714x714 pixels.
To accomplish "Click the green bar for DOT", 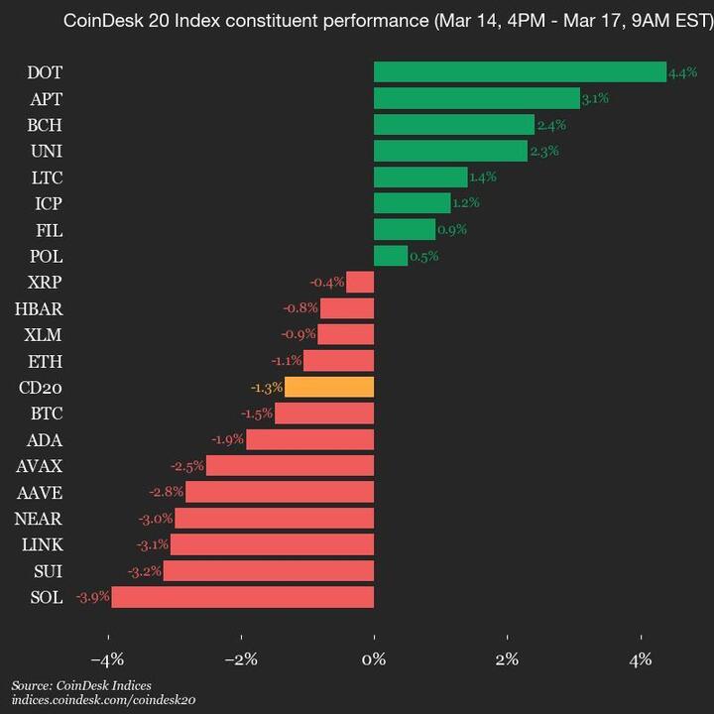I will click(520, 72).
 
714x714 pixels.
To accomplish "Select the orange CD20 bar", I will click(329, 387).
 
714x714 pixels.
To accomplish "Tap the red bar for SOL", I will click(243, 597).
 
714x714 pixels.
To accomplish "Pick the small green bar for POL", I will click(391, 256).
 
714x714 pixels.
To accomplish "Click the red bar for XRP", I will click(360, 283).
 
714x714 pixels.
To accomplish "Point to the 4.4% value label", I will click(683, 73).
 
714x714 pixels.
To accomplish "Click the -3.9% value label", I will click(93, 597).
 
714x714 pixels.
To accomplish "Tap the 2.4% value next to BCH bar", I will click(548, 125).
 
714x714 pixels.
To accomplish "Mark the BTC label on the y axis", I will click(47, 414).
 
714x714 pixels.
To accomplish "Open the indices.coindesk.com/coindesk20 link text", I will click(103, 700).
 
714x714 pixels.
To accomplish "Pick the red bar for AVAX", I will click(290, 466).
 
